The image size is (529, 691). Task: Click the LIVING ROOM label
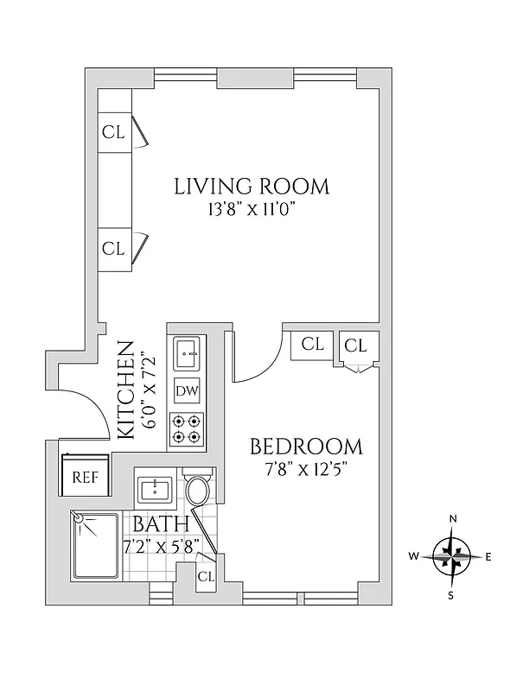[252, 186]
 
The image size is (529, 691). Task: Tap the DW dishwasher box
[187, 390]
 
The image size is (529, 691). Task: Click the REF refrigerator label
[84, 477]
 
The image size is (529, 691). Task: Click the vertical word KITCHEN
[125, 390]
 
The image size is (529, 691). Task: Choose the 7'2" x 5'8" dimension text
[163, 545]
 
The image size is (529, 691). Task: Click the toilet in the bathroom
[198, 491]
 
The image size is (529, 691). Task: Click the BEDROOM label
[306, 447]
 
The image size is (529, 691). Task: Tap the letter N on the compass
[452, 518]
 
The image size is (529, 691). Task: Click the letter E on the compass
[488, 557]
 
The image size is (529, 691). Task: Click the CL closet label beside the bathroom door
[206, 576]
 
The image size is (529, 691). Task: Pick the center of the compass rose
[452, 557]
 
